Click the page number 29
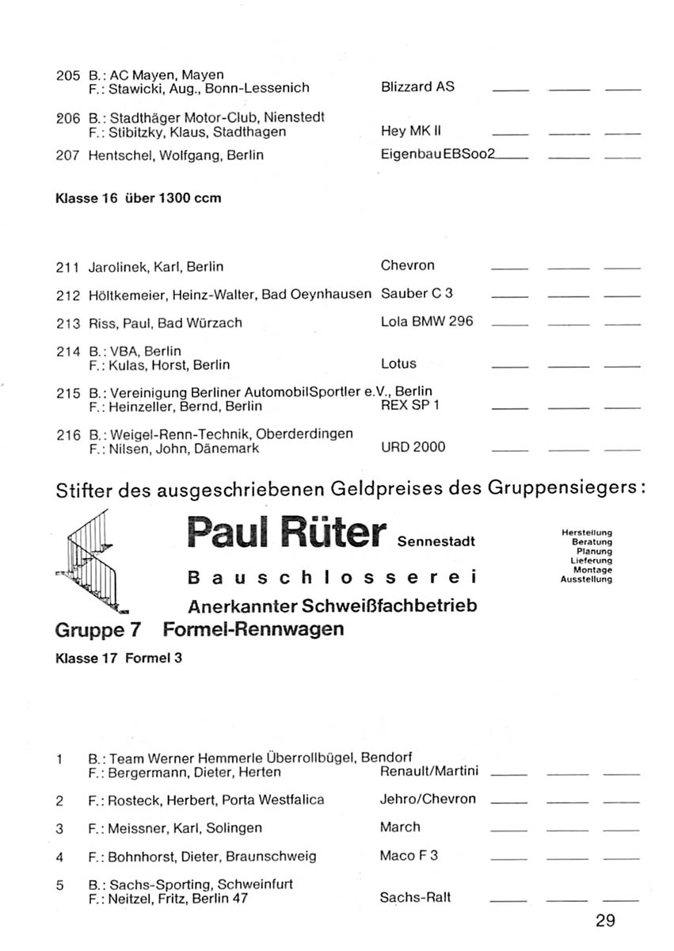[606, 920]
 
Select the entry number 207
[68, 156]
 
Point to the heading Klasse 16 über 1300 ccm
[139, 198]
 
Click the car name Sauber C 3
[417, 293]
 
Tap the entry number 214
[68, 350]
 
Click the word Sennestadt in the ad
[436, 542]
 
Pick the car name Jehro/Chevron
[428, 799]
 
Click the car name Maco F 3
[409, 856]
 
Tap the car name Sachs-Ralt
[416, 898]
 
